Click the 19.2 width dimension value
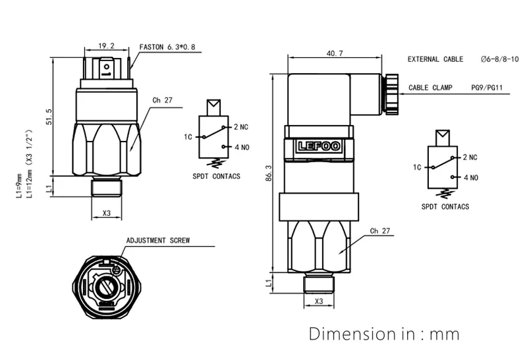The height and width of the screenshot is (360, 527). pos(106,46)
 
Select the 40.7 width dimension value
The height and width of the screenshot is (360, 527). pos(334,54)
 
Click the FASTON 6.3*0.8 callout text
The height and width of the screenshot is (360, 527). pos(167,47)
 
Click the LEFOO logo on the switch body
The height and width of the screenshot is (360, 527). pos(319,147)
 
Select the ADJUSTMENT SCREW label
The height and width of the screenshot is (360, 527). pos(158,241)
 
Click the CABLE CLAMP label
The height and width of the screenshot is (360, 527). pos(430,88)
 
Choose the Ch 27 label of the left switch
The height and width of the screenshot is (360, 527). pos(162,101)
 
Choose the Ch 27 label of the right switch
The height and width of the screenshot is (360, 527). pos(381,231)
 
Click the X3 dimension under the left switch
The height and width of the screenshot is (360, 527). pos(107,214)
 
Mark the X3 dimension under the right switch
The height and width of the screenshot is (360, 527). pos(319,301)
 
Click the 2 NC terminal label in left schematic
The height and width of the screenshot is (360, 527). pos(240,126)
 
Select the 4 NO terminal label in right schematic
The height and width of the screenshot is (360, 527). pos(470,178)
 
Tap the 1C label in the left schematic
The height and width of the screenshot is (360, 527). pos(188,137)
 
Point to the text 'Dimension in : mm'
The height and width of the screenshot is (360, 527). pos(385,334)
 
